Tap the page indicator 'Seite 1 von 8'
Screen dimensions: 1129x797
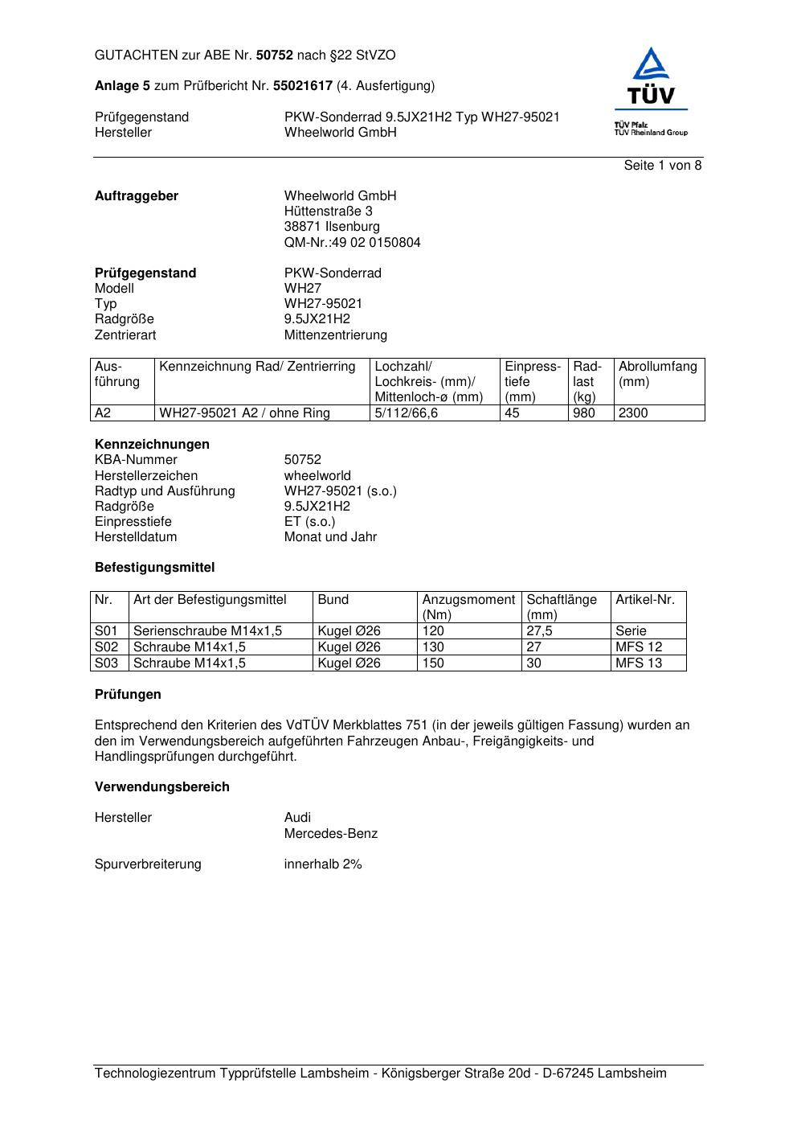click(662, 166)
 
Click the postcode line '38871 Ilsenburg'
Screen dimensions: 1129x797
click(332, 227)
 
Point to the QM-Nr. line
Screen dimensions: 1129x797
click(352, 242)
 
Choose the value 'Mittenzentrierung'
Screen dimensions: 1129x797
click(335, 335)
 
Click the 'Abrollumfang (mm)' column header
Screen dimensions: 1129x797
click(657, 374)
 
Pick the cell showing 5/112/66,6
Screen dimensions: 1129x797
click(407, 413)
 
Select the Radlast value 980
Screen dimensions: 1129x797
click(584, 413)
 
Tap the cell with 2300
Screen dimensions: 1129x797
click(633, 413)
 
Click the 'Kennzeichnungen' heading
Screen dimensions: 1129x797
click(152, 444)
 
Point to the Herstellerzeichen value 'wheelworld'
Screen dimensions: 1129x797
click(317, 475)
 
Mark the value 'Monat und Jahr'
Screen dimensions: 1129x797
click(330, 536)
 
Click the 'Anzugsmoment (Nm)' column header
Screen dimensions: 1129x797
click(468, 606)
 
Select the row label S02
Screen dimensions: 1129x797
click(107, 647)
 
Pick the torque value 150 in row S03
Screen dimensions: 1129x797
click(433, 663)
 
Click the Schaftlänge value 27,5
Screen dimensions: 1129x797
click(539, 631)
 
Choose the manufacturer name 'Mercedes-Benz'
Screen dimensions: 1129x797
click(330, 833)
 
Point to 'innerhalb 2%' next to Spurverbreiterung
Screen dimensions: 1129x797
click(323, 864)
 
